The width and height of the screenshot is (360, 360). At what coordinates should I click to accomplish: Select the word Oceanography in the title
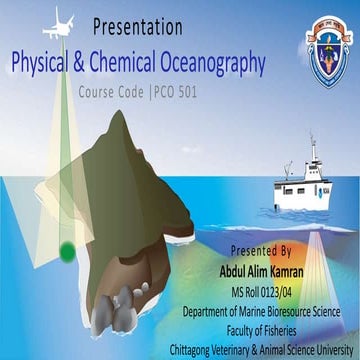pos(208,64)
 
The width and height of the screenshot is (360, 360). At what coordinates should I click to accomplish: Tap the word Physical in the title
pos(48,64)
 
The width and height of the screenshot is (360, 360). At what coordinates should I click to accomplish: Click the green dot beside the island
pos(67,249)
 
